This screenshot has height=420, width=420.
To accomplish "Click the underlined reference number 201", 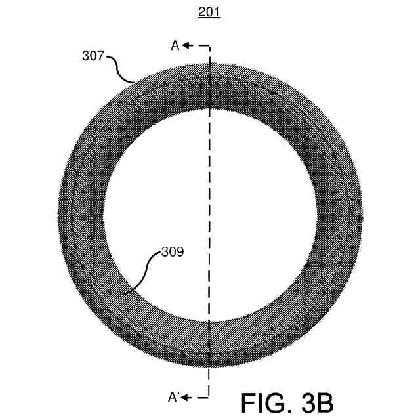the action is pos(209,12).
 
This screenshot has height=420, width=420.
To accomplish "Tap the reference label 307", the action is pos(93,56).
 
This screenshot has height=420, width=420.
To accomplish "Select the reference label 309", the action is pos(173,252).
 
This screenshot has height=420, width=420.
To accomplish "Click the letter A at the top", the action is pos(175,45).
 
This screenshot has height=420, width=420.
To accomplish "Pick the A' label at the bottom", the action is pos(173,397).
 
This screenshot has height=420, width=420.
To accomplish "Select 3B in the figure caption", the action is pos(317,403).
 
